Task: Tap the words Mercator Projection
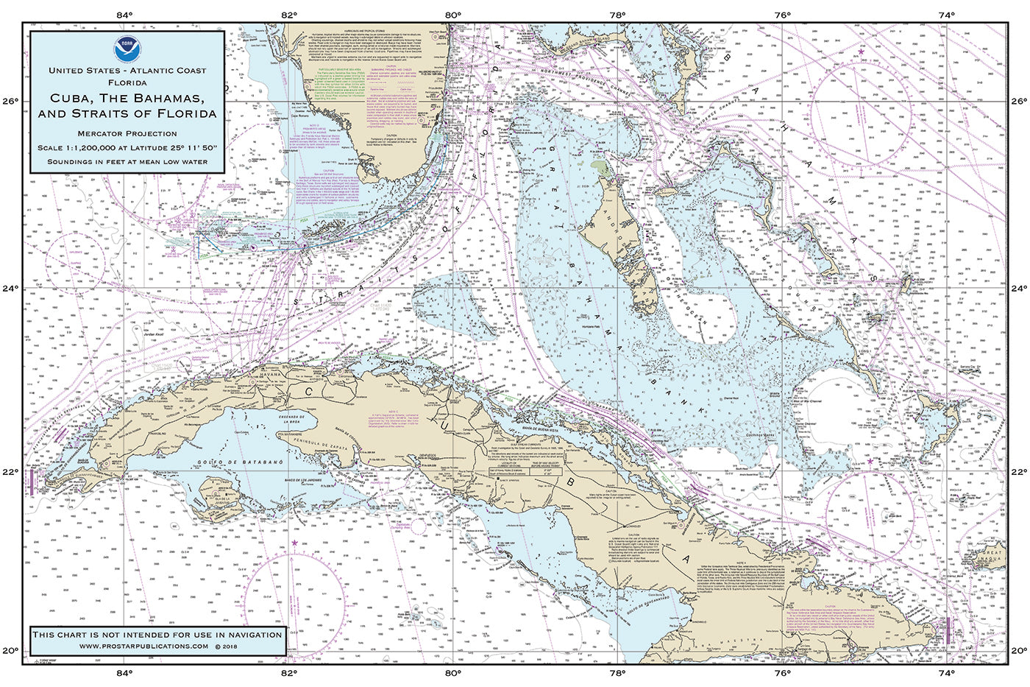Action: pyautogui.click(x=127, y=133)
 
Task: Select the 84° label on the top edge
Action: pyautogui.click(x=124, y=14)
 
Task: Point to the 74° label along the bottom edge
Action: pyautogui.click(x=946, y=672)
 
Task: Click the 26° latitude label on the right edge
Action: pyautogui.click(x=1018, y=101)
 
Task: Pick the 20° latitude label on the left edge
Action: pyautogui.click(x=13, y=650)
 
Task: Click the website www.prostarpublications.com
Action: pyautogui.click(x=143, y=646)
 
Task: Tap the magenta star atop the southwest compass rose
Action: pyautogui.click(x=295, y=543)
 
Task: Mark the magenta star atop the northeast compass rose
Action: pyautogui.click(x=862, y=51)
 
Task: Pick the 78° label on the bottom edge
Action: pyautogui.click(x=617, y=672)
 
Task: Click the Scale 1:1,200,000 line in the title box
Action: pyautogui.click(x=127, y=148)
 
